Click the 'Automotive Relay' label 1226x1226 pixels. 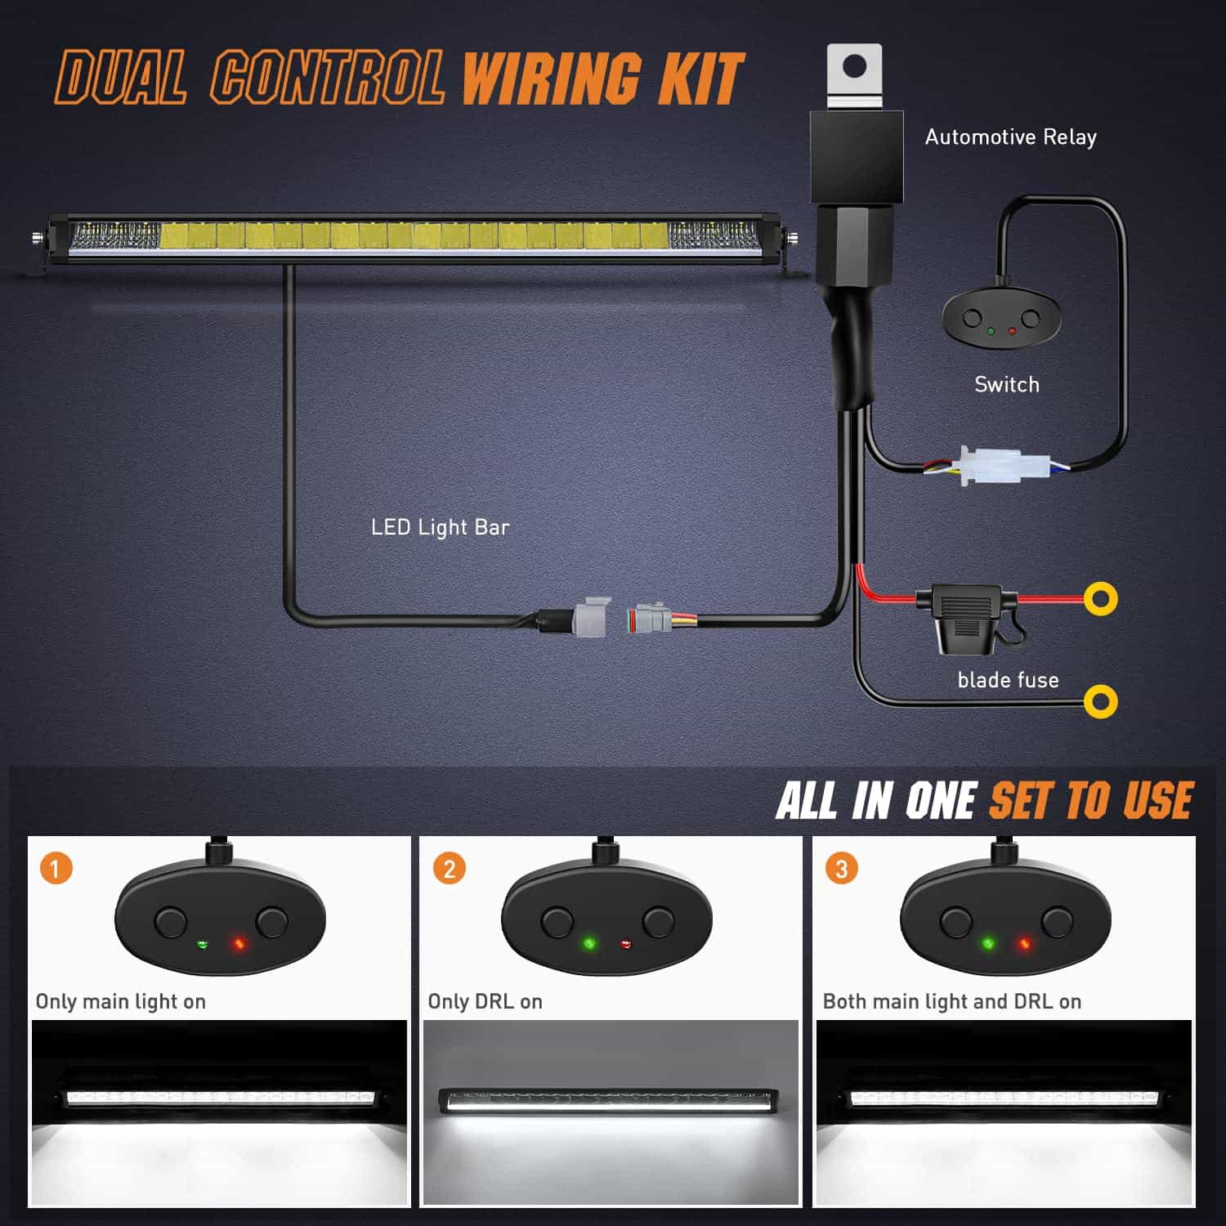(1010, 137)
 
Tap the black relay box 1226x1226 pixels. (857, 157)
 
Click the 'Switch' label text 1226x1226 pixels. (1007, 384)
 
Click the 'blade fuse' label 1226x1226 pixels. (1008, 680)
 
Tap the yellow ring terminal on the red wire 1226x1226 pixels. (1101, 599)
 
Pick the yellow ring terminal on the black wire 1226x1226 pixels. (1101, 701)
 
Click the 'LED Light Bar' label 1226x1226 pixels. (440, 527)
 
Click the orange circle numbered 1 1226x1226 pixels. (56, 868)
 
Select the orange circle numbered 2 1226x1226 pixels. (449, 868)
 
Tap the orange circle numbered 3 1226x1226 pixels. (842, 868)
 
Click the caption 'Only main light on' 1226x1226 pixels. (121, 1001)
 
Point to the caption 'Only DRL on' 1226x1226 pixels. (485, 1001)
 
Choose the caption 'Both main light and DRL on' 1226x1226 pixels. (952, 1001)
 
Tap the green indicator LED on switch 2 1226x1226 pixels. (588, 944)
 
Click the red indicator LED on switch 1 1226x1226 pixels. (239, 944)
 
